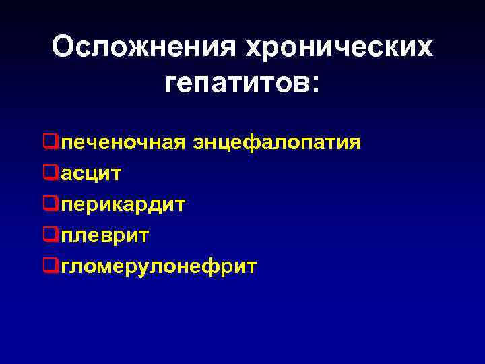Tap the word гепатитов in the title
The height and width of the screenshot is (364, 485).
[236, 84]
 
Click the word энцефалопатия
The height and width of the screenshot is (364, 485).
[276, 143]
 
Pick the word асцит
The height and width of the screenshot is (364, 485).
[91, 174]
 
